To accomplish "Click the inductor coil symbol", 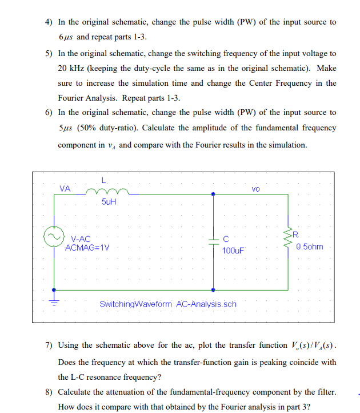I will click(106, 193).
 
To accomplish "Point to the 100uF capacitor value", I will click(233, 250).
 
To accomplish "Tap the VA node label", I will click(65, 188).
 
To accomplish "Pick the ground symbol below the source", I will click(55, 303).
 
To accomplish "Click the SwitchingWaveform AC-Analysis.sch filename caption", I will click(168, 304).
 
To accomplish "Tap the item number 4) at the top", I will click(49, 22).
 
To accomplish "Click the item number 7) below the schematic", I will click(49, 345).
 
